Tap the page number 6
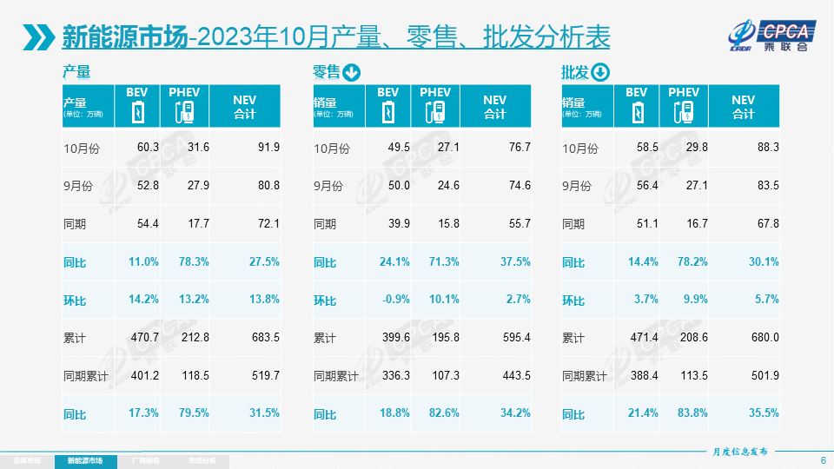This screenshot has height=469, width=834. click(823, 459)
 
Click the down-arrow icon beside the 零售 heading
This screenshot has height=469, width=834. click(352, 72)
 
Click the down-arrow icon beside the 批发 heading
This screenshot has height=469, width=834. click(601, 72)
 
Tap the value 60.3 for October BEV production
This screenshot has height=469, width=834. click(148, 148)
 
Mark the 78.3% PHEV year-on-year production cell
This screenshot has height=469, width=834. click(194, 261)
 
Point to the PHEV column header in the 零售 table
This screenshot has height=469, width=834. click(435, 93)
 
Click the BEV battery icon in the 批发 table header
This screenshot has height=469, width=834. click(637, 112)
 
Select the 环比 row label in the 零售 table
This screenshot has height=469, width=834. click(325, 301)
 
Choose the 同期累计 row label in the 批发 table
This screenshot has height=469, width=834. click(584, 376)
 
